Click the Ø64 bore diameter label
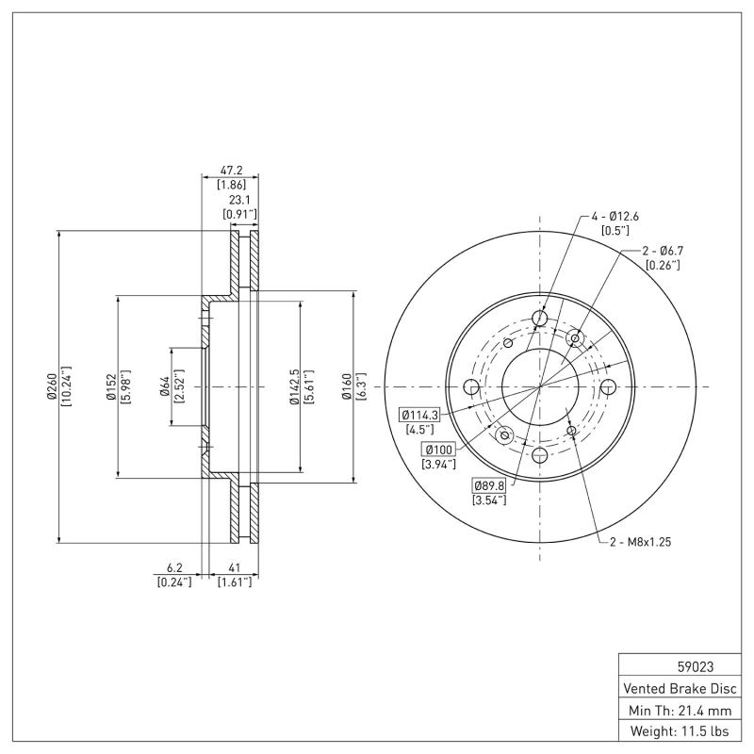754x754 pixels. click(x=164, y=386)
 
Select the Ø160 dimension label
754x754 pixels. click(x=347, y=386)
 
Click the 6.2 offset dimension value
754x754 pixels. click(x=173, y=569)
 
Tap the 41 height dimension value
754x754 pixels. click(x=232, y=569)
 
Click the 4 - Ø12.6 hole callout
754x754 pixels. click(x=615, y=216)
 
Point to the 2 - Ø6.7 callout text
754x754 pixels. click(x=662, y=251)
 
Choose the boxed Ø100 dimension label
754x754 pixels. click(x=439, y=450)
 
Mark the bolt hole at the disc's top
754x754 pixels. click(x=539, y=319)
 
